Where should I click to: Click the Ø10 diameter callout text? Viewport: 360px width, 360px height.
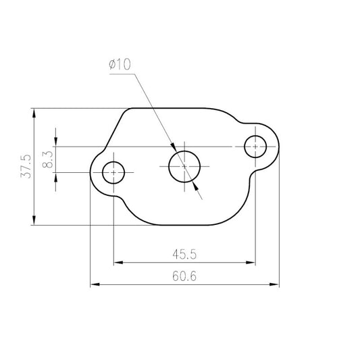(x=120, y=64)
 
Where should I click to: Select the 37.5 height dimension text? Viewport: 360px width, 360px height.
(x=26, y=166)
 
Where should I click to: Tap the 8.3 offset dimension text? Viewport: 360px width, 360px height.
(x=48, y=159)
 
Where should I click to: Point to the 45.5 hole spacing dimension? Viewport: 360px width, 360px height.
(x=184, y=255)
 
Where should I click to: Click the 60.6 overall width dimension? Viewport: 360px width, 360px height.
(x=184, y=276)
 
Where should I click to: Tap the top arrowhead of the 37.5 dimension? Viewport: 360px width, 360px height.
(x=34, y=113)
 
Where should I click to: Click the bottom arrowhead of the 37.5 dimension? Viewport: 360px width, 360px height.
(x=34, y=220)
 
